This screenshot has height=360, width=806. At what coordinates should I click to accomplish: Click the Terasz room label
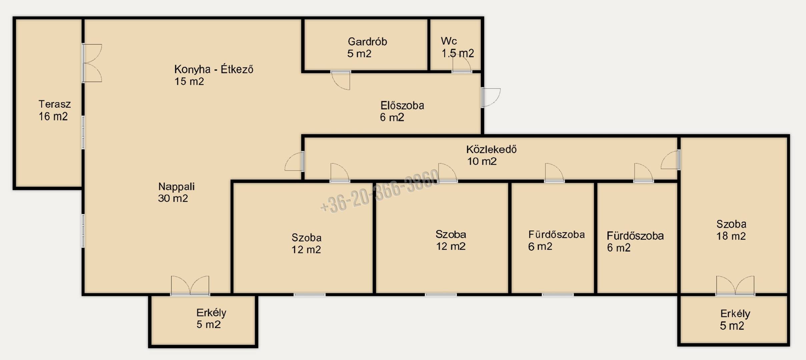[55, 104]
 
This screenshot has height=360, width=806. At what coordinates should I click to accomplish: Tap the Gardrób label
[367, 42]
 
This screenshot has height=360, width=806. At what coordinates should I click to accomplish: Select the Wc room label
[449, 41]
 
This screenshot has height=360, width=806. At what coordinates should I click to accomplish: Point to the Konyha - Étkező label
[213, 69]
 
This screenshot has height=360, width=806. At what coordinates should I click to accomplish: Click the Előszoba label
[402, 105]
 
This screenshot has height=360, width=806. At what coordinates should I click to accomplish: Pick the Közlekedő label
[491, 149]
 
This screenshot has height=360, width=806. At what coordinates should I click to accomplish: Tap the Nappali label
[176, 187]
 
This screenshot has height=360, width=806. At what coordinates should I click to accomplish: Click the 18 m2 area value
[731, 236]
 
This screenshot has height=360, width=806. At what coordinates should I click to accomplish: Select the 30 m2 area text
[173, 198]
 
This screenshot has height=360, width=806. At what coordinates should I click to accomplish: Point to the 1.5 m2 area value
[458, 53]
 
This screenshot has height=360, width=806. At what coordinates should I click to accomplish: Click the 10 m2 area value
[482, 161]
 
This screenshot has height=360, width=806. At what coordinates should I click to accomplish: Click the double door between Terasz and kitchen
[92, 63]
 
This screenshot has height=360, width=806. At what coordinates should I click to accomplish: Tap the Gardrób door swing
[341, 80]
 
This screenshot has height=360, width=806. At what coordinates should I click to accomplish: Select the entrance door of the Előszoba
[491, 97]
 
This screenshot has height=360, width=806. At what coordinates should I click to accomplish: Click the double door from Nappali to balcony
[190, 286]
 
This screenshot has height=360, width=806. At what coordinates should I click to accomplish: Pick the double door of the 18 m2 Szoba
[735, 286]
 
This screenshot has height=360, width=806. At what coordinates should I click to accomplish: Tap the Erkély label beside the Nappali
[211, 313]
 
